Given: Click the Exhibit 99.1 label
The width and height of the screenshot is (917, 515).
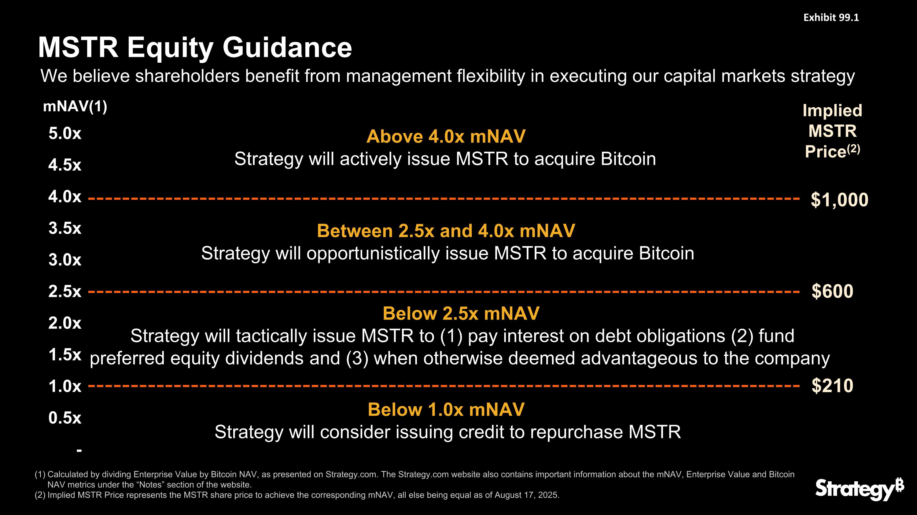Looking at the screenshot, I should tap(831, 18).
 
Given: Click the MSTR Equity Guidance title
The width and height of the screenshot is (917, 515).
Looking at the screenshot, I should tap(195, 48).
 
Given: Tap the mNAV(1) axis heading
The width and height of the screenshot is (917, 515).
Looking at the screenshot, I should tap(75, 106).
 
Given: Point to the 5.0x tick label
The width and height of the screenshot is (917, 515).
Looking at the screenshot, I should tap(65, 134).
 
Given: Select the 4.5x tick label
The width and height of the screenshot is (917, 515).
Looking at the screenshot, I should tap(65, 165).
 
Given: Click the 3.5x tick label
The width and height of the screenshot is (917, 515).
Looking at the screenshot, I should tap(65, 228).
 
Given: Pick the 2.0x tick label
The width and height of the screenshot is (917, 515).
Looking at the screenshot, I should tap(65, 323).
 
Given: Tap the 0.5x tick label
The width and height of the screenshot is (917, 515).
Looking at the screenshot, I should tap(65, 418).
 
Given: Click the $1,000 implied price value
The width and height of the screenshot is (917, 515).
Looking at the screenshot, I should tap(839, 200).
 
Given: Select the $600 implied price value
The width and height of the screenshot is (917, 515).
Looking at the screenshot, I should tap(832, 291).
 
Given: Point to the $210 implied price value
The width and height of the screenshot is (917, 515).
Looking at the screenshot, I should tap(832, 386).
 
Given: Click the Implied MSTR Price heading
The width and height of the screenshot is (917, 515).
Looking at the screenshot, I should tap(832, 131).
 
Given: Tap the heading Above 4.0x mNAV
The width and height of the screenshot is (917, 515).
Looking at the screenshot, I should tap(446, 136).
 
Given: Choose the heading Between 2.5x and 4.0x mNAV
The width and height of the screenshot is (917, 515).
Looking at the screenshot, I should tap(446, 231).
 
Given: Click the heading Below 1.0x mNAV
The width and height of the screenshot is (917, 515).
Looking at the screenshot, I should tap(446, 409).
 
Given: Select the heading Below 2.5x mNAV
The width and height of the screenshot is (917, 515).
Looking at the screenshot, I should tap(461, 314).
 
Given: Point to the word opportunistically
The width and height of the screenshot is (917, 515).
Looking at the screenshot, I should tap(373, 254).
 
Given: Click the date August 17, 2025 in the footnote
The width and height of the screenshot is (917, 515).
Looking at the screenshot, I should tap(526, 495).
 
